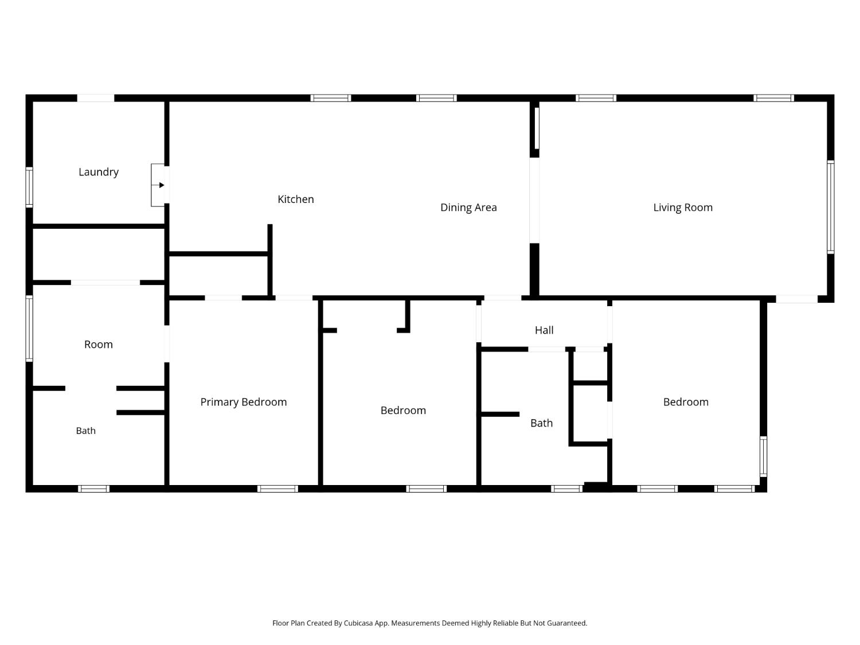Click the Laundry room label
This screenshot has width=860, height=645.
pos(99,172)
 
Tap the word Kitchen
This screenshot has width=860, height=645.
pos(296,200)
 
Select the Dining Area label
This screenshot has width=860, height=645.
pos(468,208)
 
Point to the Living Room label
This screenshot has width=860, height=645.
pos(683,208)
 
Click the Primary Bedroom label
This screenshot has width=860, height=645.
pos(244,402)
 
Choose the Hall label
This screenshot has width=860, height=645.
pos(544,330)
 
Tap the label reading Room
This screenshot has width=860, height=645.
pos(99,345)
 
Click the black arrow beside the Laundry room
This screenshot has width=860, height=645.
pos(162,185)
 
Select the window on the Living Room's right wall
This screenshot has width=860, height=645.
pos(831,207)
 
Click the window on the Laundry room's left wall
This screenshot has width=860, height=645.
pos(29,187)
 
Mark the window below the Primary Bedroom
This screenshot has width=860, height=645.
pos(277,488)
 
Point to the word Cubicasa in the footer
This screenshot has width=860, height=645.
pos(358,623)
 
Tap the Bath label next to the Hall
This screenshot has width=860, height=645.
pos(541,423)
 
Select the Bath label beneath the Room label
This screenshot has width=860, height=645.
pos(86,431)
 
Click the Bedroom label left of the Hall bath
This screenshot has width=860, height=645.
pos(403,411)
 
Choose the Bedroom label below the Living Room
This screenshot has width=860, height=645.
pos(686,402)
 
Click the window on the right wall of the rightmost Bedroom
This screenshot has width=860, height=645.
pos(763,456)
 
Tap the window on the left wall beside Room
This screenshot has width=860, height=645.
pos(29,329)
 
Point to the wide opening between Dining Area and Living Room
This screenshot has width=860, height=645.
pos(534,201)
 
